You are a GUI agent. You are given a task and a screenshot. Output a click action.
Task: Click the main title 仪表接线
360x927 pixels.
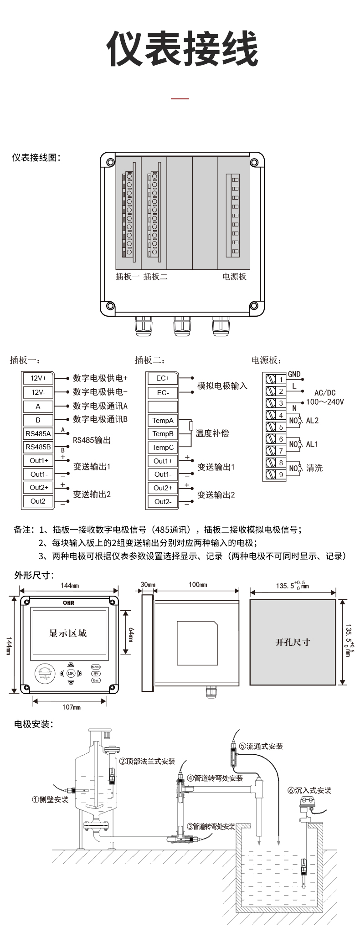point(182,49)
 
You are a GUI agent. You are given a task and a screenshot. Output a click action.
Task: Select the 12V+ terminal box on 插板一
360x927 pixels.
point(38,378)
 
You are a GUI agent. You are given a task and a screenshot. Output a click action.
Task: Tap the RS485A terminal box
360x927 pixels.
point(38,433)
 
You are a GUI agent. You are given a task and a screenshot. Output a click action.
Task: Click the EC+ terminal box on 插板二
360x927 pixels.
point(163,378)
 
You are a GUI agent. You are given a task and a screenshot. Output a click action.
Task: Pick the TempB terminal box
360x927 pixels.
point(163,433)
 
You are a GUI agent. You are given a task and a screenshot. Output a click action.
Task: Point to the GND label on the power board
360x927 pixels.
point(294,374)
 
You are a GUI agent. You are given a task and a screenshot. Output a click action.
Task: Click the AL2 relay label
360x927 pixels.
point(312,420)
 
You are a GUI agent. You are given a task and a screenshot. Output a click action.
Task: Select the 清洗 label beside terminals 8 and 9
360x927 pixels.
point(314,468)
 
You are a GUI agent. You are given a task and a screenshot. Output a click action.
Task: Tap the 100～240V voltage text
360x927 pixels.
point(325,402)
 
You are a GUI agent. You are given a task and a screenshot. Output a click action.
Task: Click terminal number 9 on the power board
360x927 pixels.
point(281,474)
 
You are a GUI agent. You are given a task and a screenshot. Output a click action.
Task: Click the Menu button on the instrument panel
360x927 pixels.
point(96,666)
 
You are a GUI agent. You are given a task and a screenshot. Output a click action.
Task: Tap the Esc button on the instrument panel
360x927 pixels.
point(96,680)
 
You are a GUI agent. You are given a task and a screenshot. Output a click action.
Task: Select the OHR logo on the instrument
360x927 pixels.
point(68,603)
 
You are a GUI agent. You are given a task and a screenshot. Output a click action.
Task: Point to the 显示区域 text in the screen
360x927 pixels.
point(68,633)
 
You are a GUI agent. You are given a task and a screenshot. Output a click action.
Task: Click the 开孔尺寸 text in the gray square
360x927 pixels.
point(293,642)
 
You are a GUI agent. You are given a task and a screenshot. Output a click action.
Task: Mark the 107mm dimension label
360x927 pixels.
point(71,707)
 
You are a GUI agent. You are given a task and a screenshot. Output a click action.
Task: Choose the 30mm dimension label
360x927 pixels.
point(148,584)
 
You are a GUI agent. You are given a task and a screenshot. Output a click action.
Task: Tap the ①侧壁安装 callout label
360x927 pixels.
point(50,799)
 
